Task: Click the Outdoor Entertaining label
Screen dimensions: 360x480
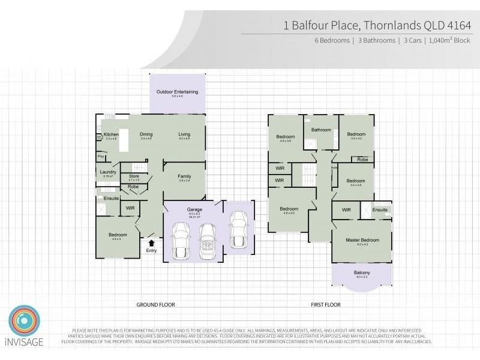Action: [177, 92]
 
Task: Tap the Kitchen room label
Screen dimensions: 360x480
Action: [111, 134]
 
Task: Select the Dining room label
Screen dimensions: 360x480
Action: [146, 134]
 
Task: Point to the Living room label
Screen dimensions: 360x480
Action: [184, 134]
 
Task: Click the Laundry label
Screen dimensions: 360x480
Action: [108, 172]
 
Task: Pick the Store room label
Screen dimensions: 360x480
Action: [134, 176]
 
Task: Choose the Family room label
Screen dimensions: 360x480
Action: [184, 176]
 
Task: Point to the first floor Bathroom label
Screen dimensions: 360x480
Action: [321, 130]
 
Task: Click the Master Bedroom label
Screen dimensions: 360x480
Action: [361, 240]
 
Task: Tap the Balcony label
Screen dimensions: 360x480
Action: [361, 273]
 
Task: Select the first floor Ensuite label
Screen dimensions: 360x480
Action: [379, 209]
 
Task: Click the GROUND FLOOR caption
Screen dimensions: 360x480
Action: [155, 305]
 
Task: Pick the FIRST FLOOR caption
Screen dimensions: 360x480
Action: [326, 305]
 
